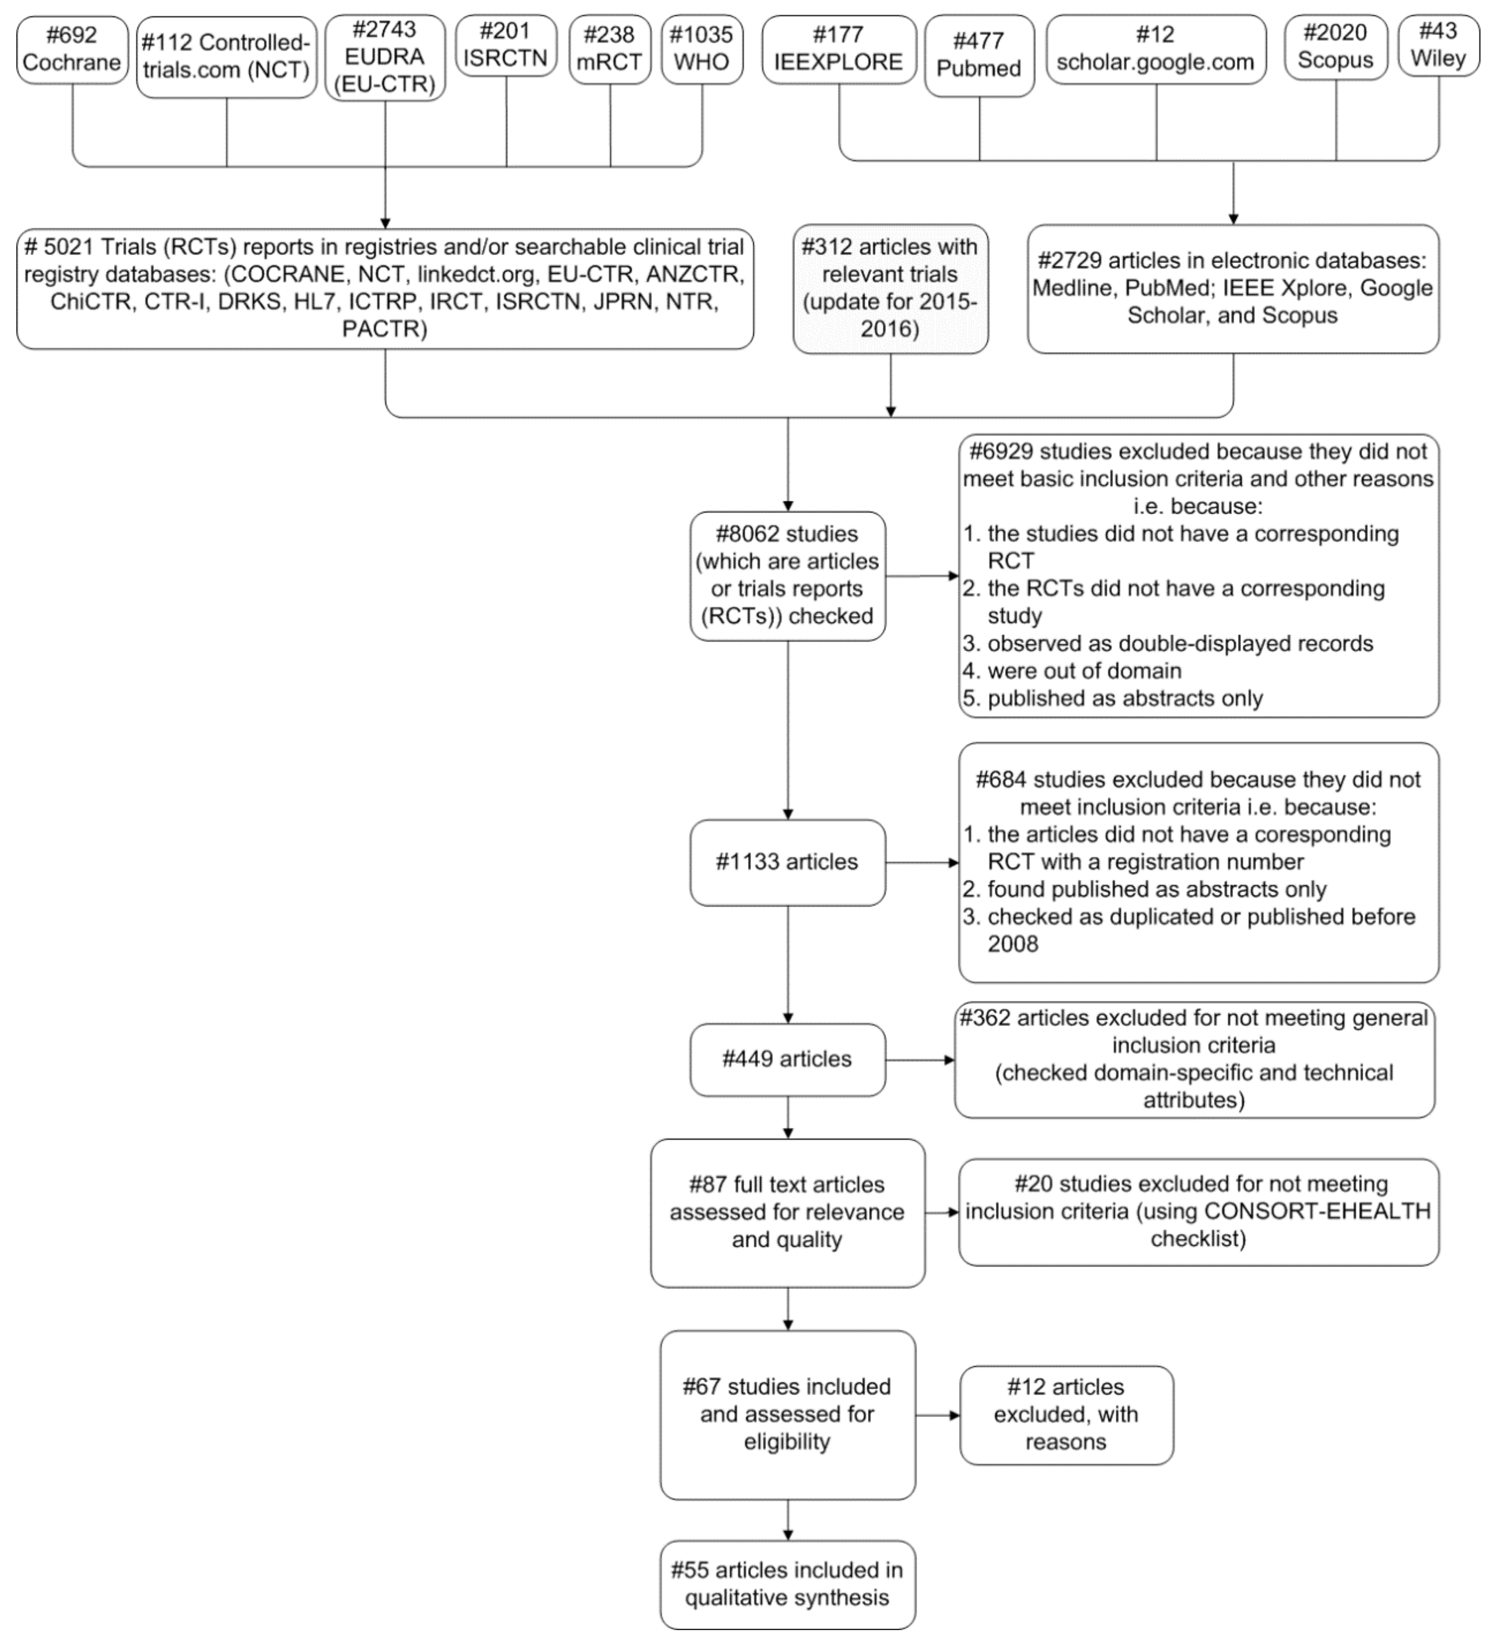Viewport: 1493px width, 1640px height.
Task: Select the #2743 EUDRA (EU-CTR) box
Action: (385, 57)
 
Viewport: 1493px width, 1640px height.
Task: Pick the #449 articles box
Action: (787, 1059)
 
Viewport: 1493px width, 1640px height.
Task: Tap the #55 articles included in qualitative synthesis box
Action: (787, 1584)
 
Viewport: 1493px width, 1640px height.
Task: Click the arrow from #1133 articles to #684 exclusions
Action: (922, 862)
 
